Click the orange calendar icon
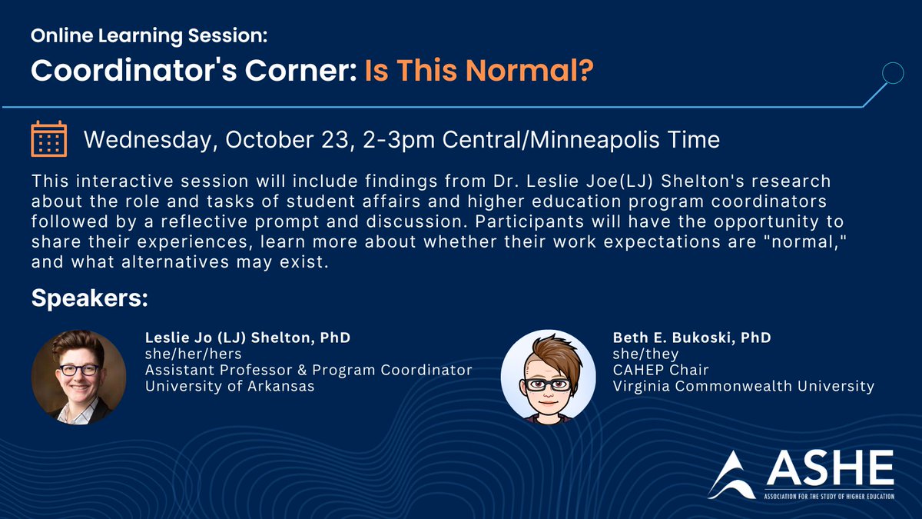(x=48, y=139)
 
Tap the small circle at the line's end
(x=892, y=74)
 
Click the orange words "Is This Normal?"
(x=479, y=70)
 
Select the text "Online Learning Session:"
(x=149, y=36)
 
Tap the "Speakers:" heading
(x=89, y=299)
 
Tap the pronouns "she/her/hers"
(x=194, y=354)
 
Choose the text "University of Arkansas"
(x=230, y=386)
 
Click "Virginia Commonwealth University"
(x=744, y=386)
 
